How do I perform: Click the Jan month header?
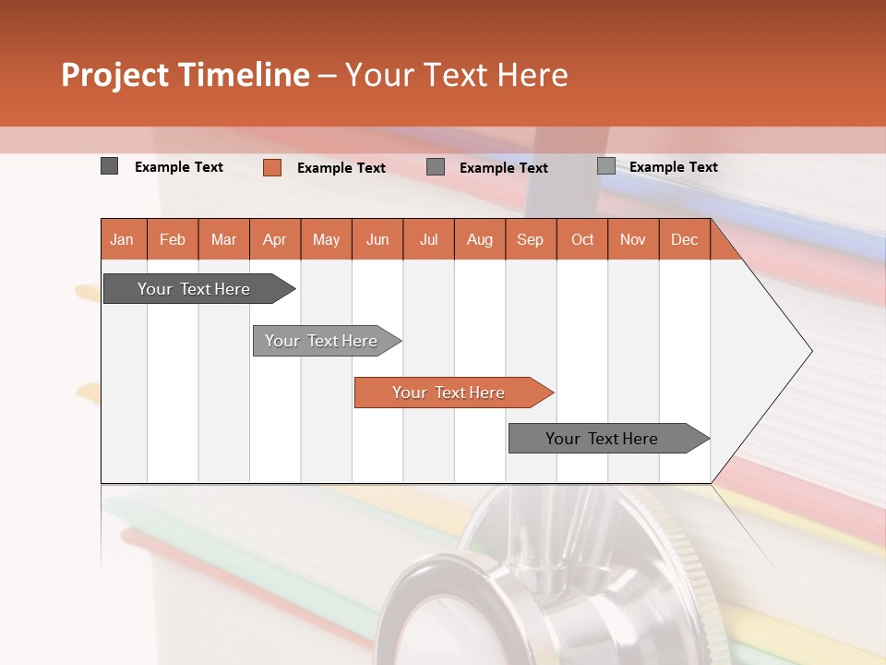click(x=123, y=239)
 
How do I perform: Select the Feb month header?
click(x=173, y=239)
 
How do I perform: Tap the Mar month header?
click(x=223, y=239)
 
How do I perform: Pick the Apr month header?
click(x=275, y=239)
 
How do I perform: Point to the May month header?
click(x=326, y=239)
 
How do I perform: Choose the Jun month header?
click(x=377, y=239)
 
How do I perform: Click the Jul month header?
click(x=428, y=239)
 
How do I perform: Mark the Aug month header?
click(x=480, y=239)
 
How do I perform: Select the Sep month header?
click(x=531, y=239)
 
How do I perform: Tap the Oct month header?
click(x=582, y=239)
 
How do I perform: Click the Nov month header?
click(x=633, y=239)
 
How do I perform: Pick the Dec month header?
click(x=685, y=239)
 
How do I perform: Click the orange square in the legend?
click(x=272, y=167)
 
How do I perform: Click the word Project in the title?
click(x=114, y=75)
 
